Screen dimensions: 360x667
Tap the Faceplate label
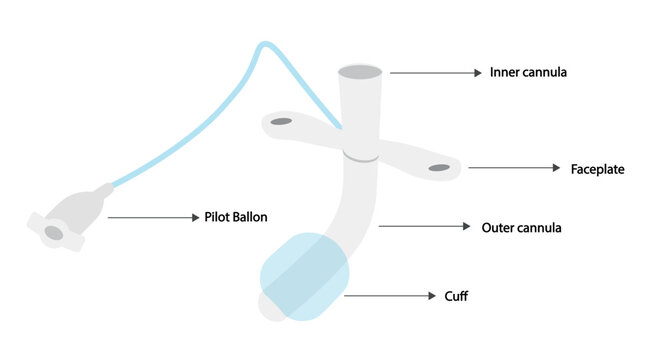597,169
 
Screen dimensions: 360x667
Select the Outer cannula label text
521,228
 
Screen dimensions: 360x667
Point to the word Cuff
456,296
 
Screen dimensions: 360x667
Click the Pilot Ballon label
237,217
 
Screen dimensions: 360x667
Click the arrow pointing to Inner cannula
435,73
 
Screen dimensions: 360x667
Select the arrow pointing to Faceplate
514,168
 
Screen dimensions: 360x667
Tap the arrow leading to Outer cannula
424,227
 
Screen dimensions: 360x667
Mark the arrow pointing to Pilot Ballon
150,217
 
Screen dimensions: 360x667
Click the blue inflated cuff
304,276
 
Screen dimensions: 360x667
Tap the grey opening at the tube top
361,73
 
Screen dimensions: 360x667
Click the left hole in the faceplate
281,123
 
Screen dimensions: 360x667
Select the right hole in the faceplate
439,167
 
